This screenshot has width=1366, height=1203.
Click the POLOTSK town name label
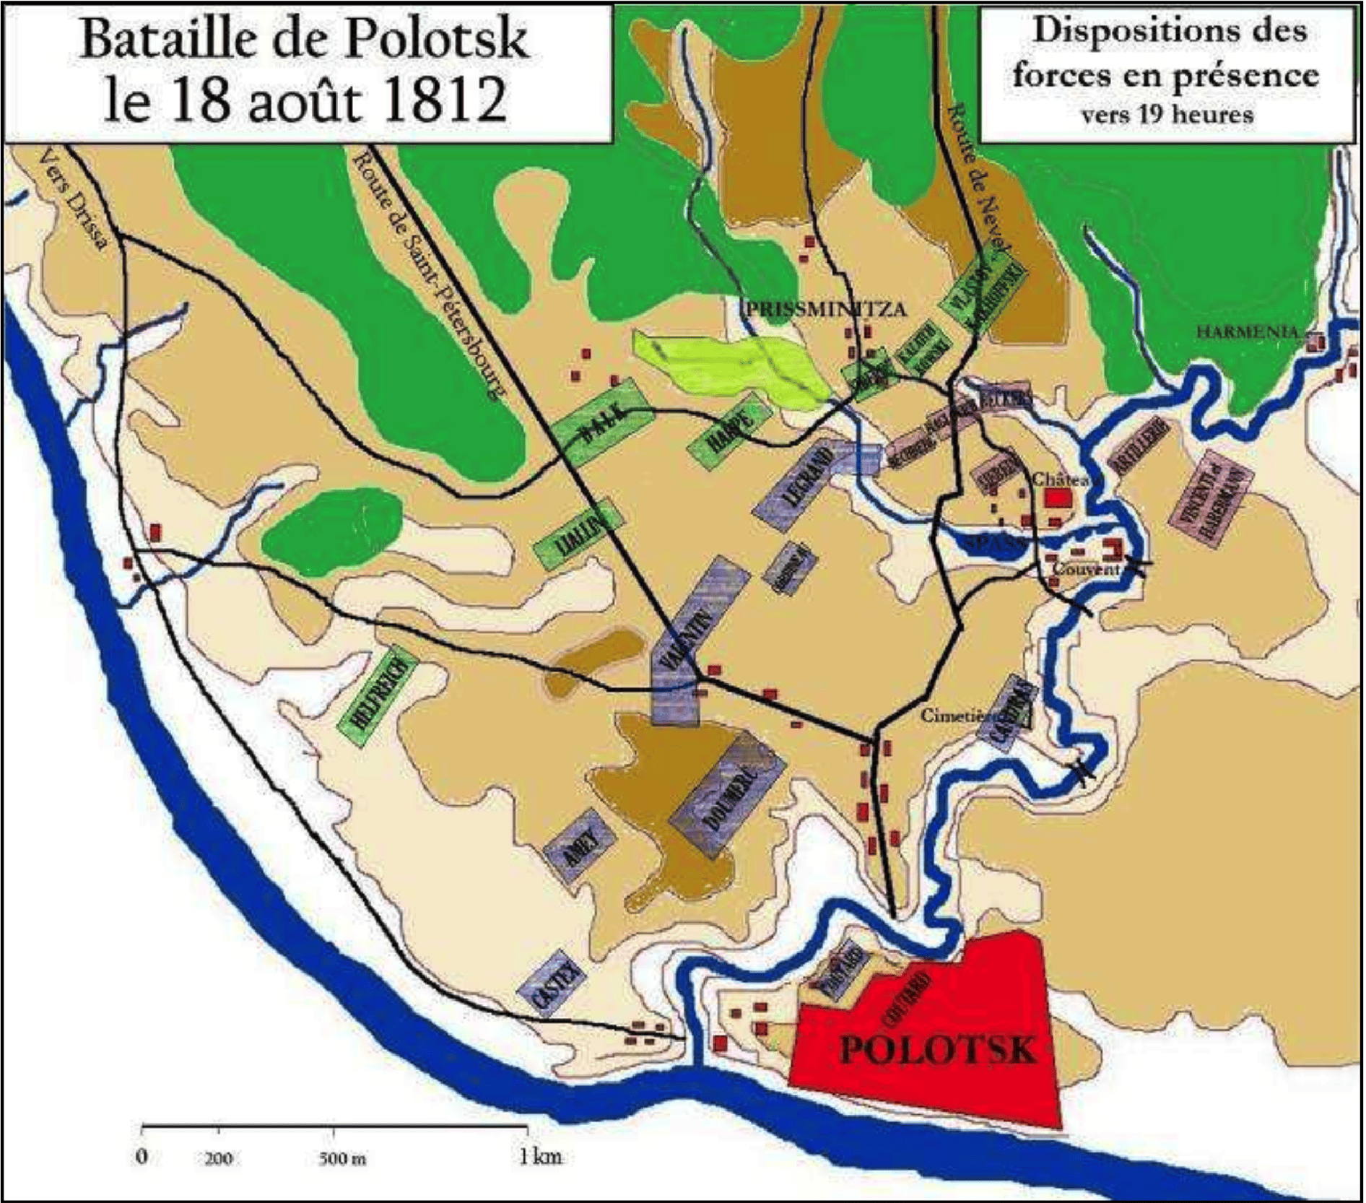point(937,1048)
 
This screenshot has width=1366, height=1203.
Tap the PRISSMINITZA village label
point(825,310)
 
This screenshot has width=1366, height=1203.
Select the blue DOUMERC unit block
point(727,795)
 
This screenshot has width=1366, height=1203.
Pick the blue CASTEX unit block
point(552,984)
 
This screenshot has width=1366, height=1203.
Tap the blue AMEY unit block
point(580,846)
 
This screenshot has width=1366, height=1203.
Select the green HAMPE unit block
point(729,432)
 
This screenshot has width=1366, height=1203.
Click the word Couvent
point(1085,569)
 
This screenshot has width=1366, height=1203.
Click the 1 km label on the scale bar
point(539,1156)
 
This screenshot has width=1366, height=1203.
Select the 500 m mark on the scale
point(342,1158)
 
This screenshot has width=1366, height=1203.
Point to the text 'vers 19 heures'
point(1166,115)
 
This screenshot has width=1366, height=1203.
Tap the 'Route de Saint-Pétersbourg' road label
point(427,274)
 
